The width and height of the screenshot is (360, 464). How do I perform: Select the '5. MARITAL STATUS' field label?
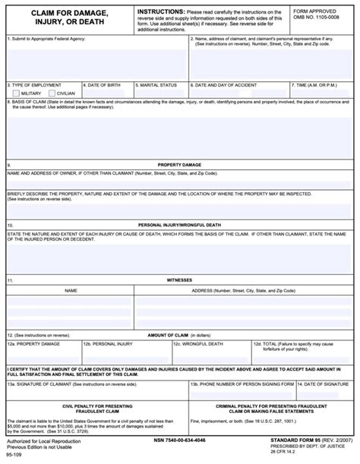[x=157, y=85]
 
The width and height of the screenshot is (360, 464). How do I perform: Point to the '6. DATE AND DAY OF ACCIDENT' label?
[x=228, y=85]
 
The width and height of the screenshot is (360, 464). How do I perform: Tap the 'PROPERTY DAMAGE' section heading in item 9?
[x=179, y=164]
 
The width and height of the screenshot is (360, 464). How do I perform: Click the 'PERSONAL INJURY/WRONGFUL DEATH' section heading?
[x=179, y=225]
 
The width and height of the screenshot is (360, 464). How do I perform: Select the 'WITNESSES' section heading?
[x=179, y=280]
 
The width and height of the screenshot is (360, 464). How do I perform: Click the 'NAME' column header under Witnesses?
[x=71, y=290]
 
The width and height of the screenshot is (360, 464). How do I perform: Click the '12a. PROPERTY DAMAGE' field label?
[x=34, y=343]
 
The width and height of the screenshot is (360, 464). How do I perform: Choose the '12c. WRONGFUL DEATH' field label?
[x=199, y=343]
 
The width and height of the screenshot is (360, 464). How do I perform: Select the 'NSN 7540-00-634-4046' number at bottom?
[x=180, y=440]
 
